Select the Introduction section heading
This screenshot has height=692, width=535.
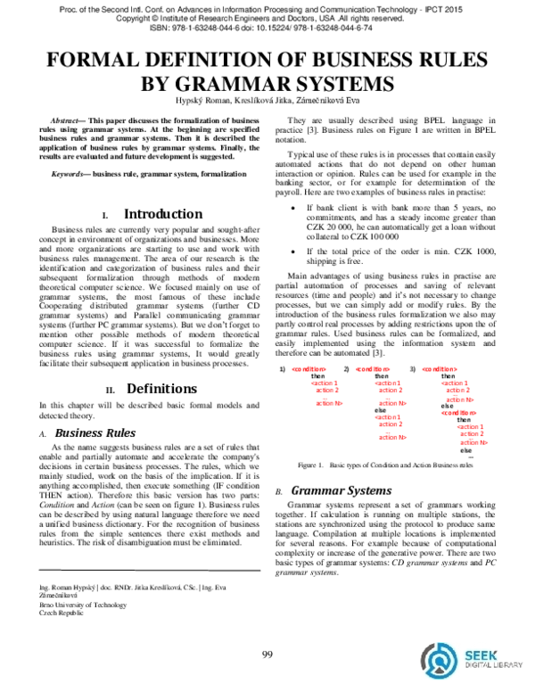[x=161, y=214]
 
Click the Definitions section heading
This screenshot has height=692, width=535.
[x=161, y=389]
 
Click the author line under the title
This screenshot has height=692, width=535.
[x=267, y=103]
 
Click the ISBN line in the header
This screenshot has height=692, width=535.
[x=267, y=28]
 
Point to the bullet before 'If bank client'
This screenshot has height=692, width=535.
[x=295, y=208]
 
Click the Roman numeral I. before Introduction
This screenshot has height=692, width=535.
[x=106, y=216]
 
